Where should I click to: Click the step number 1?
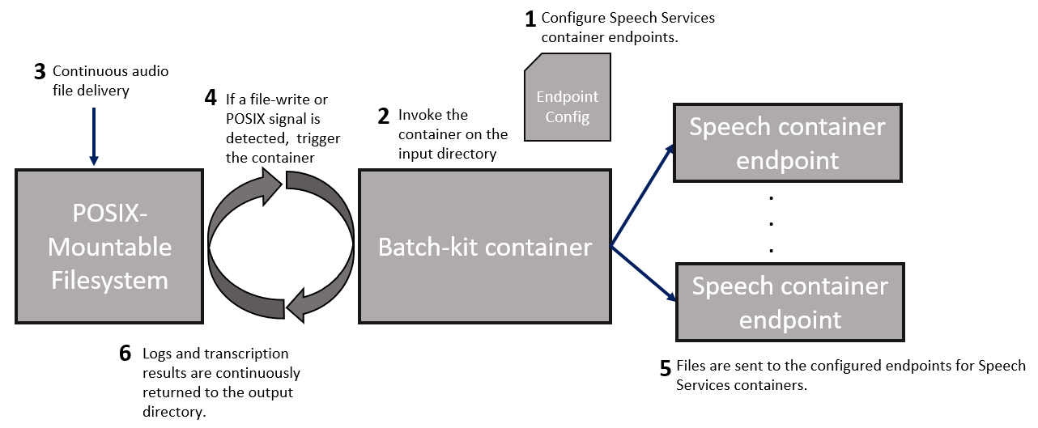[531, 18]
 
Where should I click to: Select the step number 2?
[384, 116]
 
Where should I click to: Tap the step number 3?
[40, 72]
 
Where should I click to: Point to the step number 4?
[211, 100]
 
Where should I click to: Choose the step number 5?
[665, 367]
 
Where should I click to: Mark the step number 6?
[125, 354]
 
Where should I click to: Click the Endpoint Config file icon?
[567, 98]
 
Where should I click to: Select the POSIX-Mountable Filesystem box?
[109, 246]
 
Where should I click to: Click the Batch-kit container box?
[484, 246]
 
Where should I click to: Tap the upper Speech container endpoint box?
[788, 142]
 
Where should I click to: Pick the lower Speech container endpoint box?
[789, 302]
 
